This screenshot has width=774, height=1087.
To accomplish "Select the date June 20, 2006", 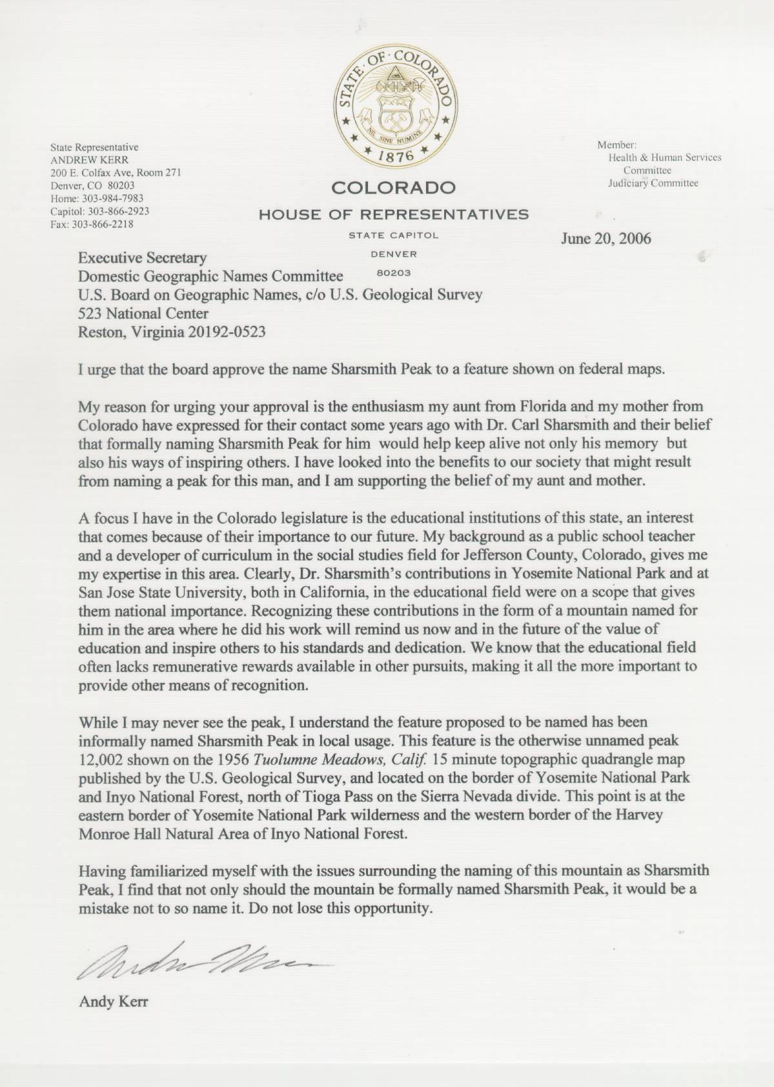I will tap(606, 238).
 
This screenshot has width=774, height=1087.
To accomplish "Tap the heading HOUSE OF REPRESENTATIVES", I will tap(393, 214).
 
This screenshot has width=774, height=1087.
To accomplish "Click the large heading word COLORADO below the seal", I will tap(393, 188).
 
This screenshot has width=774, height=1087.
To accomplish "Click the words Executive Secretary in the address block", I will tap(142, 258).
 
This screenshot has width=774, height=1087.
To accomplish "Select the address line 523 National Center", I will tap(143, 314).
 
